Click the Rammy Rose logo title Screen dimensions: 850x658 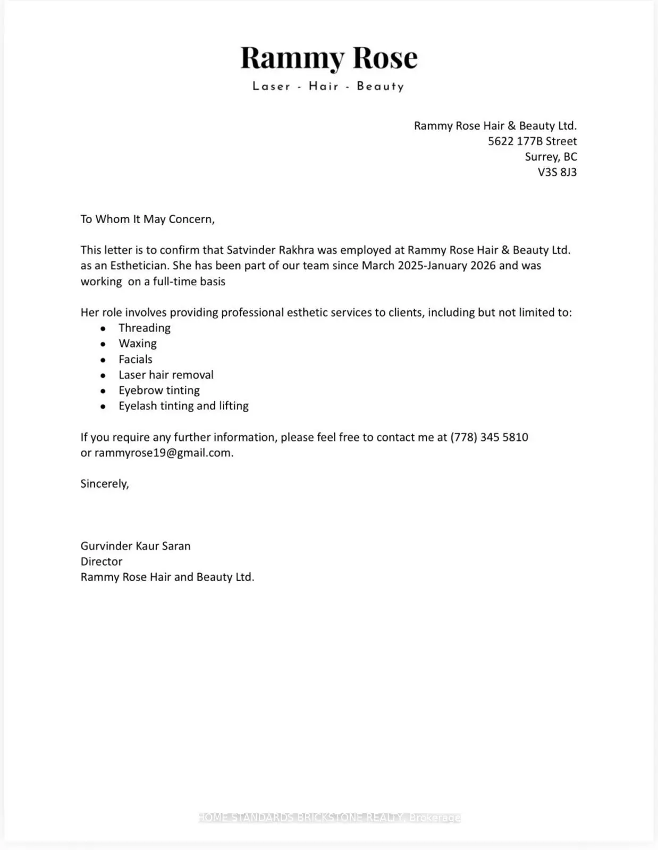coord(329,57)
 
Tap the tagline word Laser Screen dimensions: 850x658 coord(272,86)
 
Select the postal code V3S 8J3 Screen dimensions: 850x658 coord(556,172)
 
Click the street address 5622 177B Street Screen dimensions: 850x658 coord(532,141)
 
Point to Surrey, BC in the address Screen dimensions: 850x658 coord(551,157)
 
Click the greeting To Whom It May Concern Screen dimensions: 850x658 coord(147,219)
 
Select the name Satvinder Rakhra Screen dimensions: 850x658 coord(270,250)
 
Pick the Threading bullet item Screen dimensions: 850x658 coord(145,328)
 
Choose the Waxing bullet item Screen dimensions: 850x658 coord(138,344)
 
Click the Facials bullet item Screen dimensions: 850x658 coord(136,359)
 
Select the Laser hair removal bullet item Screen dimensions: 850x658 coord(166,375)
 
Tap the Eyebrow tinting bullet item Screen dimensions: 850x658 coord(159,390)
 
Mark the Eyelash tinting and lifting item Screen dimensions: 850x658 coord(183,406)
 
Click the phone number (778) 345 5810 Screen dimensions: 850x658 coord(489,437)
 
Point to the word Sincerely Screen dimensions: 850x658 coord(104,483)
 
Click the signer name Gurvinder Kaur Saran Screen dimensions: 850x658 coord(136,546)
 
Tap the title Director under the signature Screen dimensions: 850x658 coord(102,562)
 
